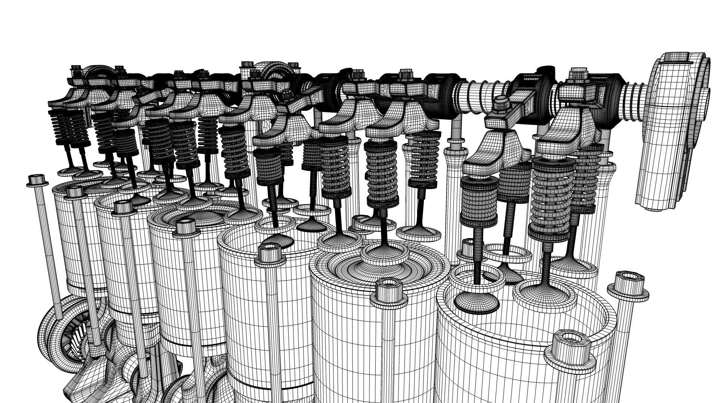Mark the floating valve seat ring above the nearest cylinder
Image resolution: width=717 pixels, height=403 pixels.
click(x=508, y=254)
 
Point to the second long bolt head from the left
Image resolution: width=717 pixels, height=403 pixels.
click(x=75, y=192)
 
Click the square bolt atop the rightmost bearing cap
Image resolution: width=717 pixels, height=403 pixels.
click(x=577, y=73)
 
